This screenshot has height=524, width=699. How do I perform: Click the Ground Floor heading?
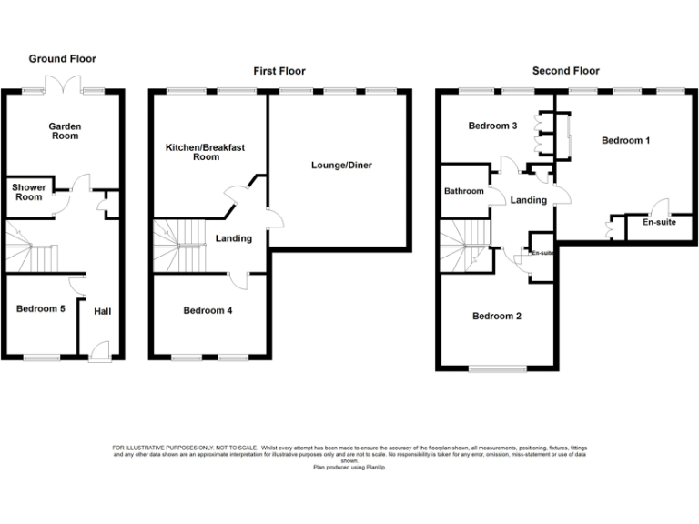63,58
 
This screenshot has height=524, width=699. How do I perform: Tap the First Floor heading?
279,71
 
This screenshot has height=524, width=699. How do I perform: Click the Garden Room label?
64,131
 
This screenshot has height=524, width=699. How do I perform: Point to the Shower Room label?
27,192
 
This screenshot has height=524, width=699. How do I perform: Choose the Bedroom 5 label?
41,309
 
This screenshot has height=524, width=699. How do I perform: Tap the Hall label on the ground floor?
102,312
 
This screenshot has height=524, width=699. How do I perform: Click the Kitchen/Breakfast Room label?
205,151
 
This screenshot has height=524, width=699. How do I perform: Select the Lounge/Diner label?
341,166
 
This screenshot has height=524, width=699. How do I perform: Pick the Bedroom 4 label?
208,311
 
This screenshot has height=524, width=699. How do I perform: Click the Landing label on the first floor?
233,239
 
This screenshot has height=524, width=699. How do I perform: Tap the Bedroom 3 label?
492,126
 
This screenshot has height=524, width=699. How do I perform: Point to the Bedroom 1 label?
626,141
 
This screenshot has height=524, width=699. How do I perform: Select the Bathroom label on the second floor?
463,192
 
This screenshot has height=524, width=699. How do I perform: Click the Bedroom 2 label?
496,317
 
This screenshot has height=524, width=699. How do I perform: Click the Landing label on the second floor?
528,200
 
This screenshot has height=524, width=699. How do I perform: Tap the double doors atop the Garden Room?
64,85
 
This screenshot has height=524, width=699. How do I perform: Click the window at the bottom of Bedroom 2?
497,368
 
